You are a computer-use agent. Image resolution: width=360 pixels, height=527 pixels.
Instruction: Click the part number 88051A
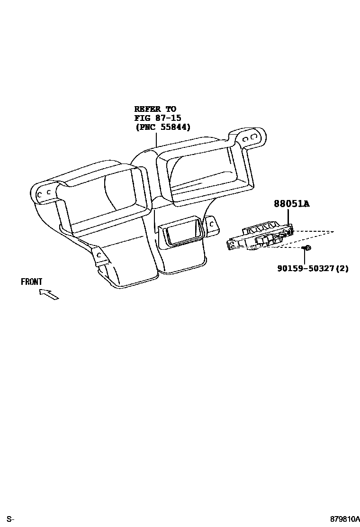click(x=291, y=204)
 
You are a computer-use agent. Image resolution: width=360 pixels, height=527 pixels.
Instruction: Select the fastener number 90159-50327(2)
click(x=313, y=268)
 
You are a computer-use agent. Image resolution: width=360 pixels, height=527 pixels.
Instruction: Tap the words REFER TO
click(x=155, y=109)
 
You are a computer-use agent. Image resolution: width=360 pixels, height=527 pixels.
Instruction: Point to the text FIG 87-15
click(x=158, y=118)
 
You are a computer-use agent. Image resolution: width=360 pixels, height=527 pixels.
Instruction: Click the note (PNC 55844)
click(x=162, y=127)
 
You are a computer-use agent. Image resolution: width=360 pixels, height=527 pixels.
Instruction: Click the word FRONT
click(x=32, y=282)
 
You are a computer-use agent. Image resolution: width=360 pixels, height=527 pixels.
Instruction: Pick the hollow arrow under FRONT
click(x=49, y=294)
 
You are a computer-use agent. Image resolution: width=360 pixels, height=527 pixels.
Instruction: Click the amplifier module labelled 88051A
click(x=261, y=236)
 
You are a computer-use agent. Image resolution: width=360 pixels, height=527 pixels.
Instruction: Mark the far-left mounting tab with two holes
click(x=44, y=194)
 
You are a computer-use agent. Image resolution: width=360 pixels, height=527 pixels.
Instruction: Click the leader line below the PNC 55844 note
click(x=156, y=140)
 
